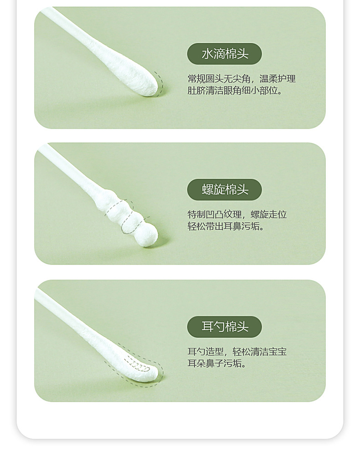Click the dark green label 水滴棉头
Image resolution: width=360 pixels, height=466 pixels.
tap(225, 54)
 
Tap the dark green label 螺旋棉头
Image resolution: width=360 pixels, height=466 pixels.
tap(225, 189)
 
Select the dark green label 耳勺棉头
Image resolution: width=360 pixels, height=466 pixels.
tap(225, 327)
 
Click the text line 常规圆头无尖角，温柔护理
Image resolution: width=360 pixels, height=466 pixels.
tap(242, 79)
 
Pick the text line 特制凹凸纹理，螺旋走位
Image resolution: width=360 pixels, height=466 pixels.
tap(237, 215)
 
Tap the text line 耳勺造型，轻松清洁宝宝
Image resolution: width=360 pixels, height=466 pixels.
tap(237, 352)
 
